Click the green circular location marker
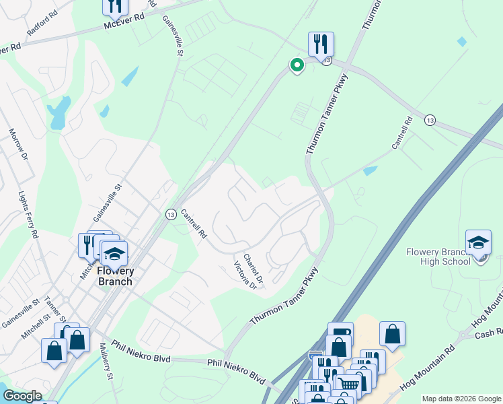(296, 65)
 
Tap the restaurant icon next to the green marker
(321, 44)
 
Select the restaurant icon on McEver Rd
(115, 6)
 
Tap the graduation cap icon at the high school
(478, 242)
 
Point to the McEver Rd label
(124, 22)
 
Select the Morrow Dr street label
(18, 145)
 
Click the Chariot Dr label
(253, 269)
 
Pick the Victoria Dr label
(245, 276)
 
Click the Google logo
(22, 396)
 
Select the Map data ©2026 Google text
(461, 399)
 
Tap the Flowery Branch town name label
(115, 276)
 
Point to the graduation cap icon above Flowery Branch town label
(114, 254)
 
